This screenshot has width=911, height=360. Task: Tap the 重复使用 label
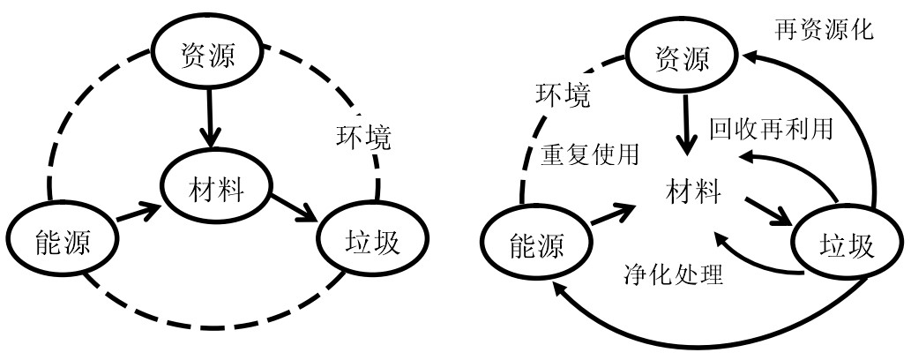[589, 154]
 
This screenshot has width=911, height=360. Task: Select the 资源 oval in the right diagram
[683, 58]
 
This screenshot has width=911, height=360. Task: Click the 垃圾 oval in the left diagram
[374, 239]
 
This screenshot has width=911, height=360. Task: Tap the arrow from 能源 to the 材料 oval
[138, 212]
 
